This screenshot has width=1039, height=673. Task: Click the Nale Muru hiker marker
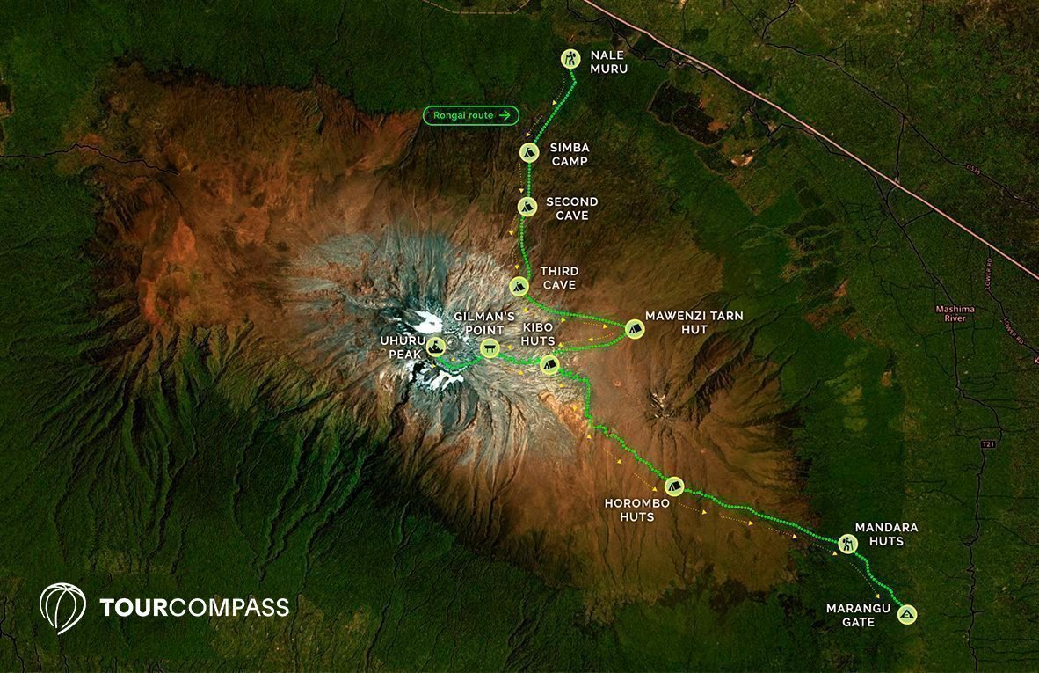[x=571, y=59]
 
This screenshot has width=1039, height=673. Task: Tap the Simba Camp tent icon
[x=528, y=152]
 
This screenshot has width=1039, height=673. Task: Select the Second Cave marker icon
[x=527, y=207]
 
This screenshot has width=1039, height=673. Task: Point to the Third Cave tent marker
[x=519, y=286]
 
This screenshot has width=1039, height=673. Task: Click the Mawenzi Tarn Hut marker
[x=633, y=329]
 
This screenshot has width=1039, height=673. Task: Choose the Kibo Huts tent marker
[x=550, y=364]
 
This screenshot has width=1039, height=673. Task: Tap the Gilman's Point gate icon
[x=490, y=349]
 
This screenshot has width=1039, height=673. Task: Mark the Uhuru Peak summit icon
[x=436, y=347]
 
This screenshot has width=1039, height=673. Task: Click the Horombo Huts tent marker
[x=673, y=485]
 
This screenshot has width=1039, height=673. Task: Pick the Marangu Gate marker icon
[x=907, y=614]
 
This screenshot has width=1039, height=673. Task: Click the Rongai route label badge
[x=471, y=115]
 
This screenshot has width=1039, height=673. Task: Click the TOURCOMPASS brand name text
[x=194, y=607]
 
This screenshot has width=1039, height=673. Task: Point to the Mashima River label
[x=955, y=313]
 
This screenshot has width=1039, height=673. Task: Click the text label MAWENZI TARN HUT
[x=688, y=321]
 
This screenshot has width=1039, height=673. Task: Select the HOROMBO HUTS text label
[x=636, y=510]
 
